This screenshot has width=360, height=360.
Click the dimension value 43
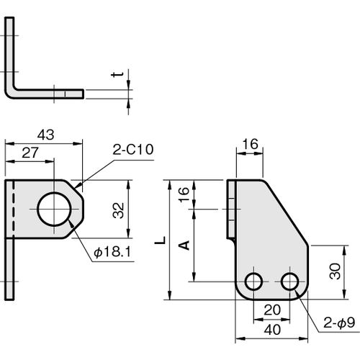[x=45, y=135]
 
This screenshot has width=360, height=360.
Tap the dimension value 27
[x=30, y=153]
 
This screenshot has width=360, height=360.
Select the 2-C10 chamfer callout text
[x=133, y=150]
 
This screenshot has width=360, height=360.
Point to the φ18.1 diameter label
[x=112, y=252]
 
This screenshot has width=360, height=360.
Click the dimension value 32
[x=118, y=210]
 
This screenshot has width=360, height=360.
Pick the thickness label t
[x=117, y=74]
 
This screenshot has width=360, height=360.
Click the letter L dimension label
[x=160, y=240]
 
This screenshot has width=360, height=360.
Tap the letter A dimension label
[x=185, y=246]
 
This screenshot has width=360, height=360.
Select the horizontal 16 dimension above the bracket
[x=250, y=144]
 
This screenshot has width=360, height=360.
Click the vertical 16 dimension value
[x=184, y=194]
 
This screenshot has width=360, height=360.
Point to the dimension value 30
[x=335, y=271]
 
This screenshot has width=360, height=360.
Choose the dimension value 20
[x=272, y=310]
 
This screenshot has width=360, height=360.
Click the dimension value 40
[x=272, y=330]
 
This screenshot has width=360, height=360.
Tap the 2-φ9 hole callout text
[x=339, y=323]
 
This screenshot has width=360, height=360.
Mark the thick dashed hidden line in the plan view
[x=14, y=209]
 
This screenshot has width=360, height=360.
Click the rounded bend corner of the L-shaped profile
[x=9, y=94]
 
